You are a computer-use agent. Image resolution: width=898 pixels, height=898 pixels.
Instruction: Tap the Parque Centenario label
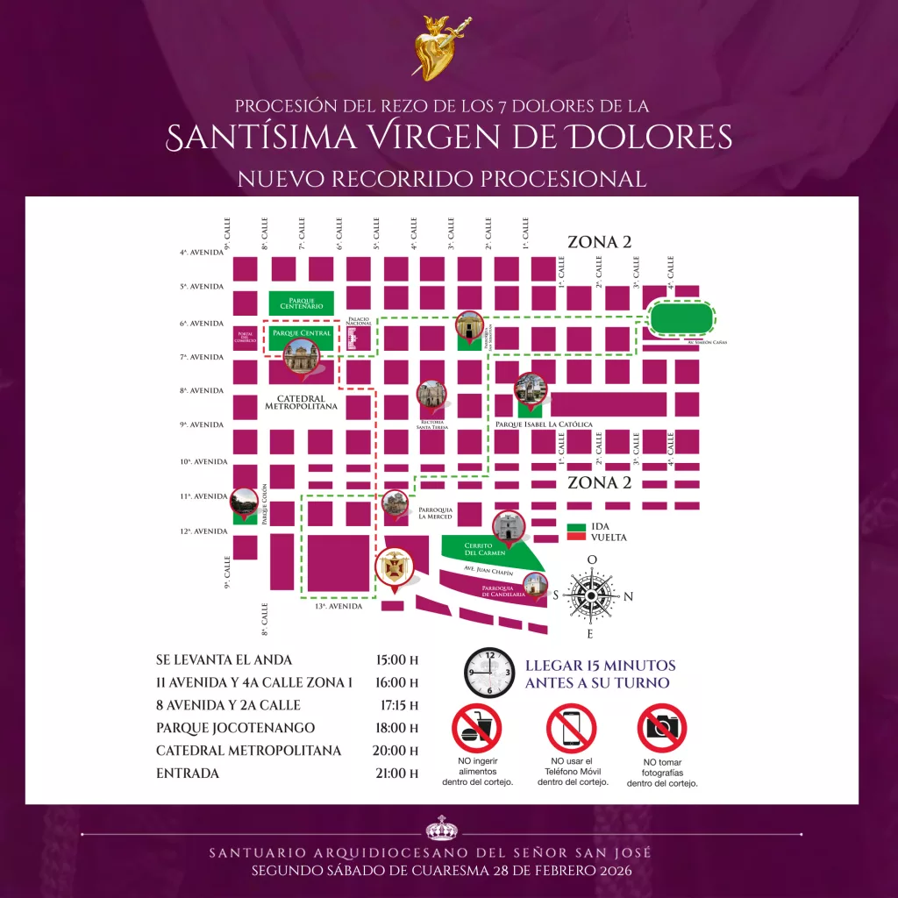[301, 303]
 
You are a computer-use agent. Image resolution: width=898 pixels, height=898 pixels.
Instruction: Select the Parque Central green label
[302, 334]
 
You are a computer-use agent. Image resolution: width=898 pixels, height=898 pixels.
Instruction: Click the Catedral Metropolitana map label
[301, 402]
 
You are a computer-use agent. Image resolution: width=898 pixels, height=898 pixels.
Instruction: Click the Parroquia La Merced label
[435, 513]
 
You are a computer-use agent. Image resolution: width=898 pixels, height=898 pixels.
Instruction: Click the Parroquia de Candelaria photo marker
[536, 585]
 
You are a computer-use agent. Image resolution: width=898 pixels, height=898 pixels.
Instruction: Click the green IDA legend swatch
[575, 528]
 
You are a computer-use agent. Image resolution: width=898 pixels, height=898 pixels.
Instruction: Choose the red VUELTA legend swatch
[575, 538]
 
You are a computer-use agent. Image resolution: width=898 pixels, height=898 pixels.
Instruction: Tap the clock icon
[489, 673]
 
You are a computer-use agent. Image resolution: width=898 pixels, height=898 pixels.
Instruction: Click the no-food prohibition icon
[477, 728]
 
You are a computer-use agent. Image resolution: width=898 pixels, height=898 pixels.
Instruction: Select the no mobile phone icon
[571, 728]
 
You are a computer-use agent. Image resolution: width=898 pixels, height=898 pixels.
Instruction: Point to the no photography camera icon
[661, 728]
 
